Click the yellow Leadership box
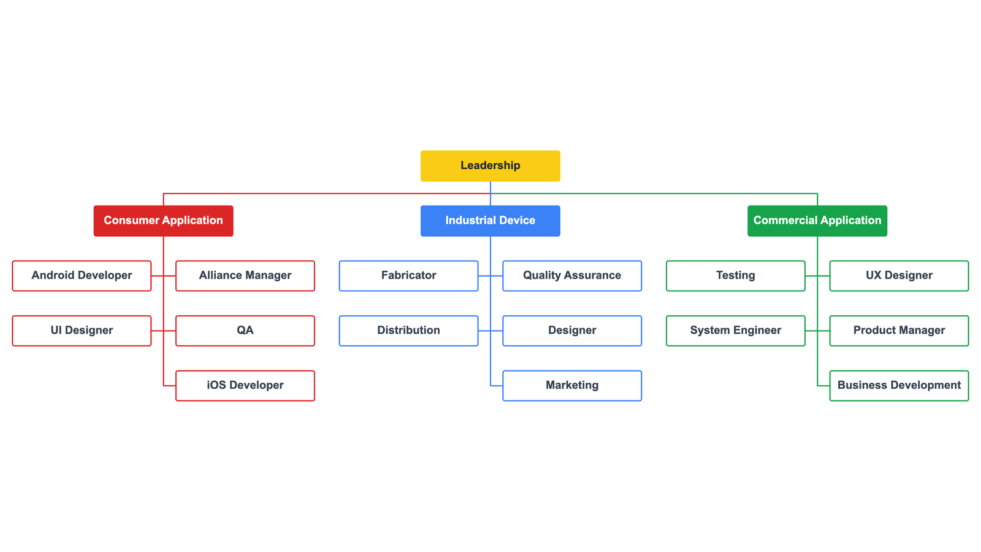tap(490, 166)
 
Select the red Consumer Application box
tap(163, 221)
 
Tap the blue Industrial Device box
tap(490, 221)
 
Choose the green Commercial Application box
tap(817, 221)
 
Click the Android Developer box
tap(82, 275)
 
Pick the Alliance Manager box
tap(245, 275)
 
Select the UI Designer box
tap(82, 331)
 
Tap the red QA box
tap(245, 331)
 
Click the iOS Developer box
tap(245, 385)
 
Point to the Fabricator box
tap(408, 275)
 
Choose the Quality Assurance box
tap(571, 275)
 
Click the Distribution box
tap(408, 331)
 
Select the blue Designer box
tap(571, 331)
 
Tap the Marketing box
tap(571, 385)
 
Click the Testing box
tap(735, 275)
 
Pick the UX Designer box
tap(899, 275)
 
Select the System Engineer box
tap(735, 331)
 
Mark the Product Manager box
tap(899, 331)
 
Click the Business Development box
tap(899, 385)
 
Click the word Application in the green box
tap(850, 221)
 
